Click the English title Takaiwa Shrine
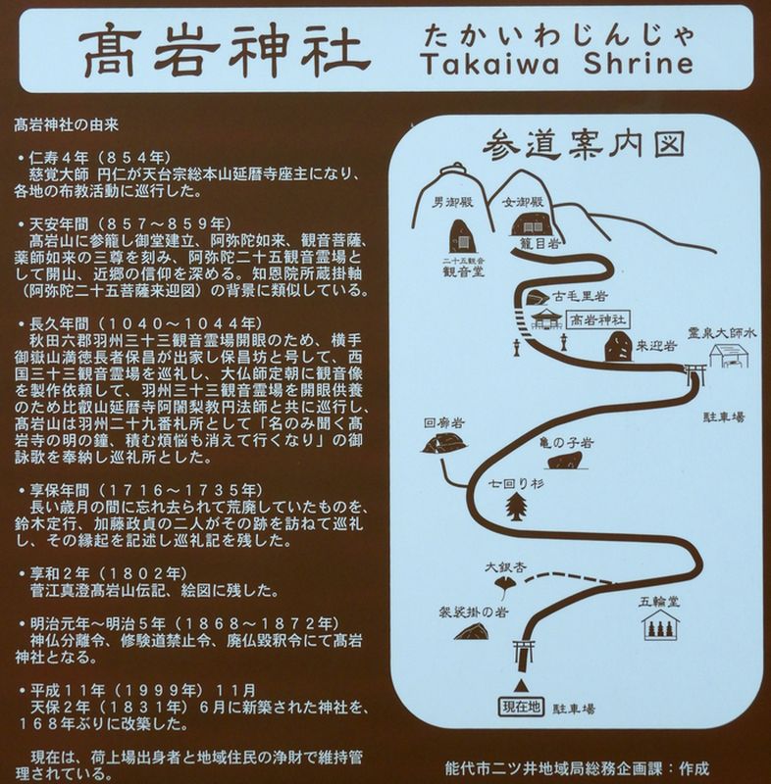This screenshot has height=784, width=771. click(x=557, y=64)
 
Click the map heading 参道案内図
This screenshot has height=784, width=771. click(x=584, y=144)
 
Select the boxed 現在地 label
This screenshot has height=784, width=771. click(x=521, y=707)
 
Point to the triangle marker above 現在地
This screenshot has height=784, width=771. click(x=521, y=684)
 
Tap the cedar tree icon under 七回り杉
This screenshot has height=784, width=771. click(x=516, y=507)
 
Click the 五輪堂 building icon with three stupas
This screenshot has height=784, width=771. click(x=661, y=625)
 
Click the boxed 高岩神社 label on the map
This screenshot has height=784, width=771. click(x=598, y=320)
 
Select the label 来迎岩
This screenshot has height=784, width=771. click(x=656, y=346)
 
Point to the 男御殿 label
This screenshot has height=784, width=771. click(x=452, y=203)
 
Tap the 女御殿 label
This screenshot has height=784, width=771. click(x=523, y=203)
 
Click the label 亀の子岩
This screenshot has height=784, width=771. click(x=566, y=443)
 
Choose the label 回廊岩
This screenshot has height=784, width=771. click(x=444, y=423)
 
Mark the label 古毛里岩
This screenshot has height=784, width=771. click(x=580, y=296)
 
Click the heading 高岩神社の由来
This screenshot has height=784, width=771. click(x=66, y=124)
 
